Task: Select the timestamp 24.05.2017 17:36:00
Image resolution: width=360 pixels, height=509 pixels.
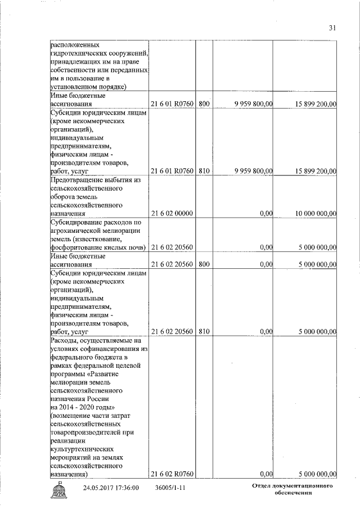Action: [111, 488]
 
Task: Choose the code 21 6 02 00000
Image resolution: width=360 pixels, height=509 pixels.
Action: [172, 214]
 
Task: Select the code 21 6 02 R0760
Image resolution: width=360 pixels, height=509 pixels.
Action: [172, 474]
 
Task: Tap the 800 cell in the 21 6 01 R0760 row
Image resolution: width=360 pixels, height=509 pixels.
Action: [204, 104]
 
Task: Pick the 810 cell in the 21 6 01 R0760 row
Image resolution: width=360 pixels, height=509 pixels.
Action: [204, 171]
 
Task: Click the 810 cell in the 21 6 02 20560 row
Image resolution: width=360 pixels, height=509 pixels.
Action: [204, 332]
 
